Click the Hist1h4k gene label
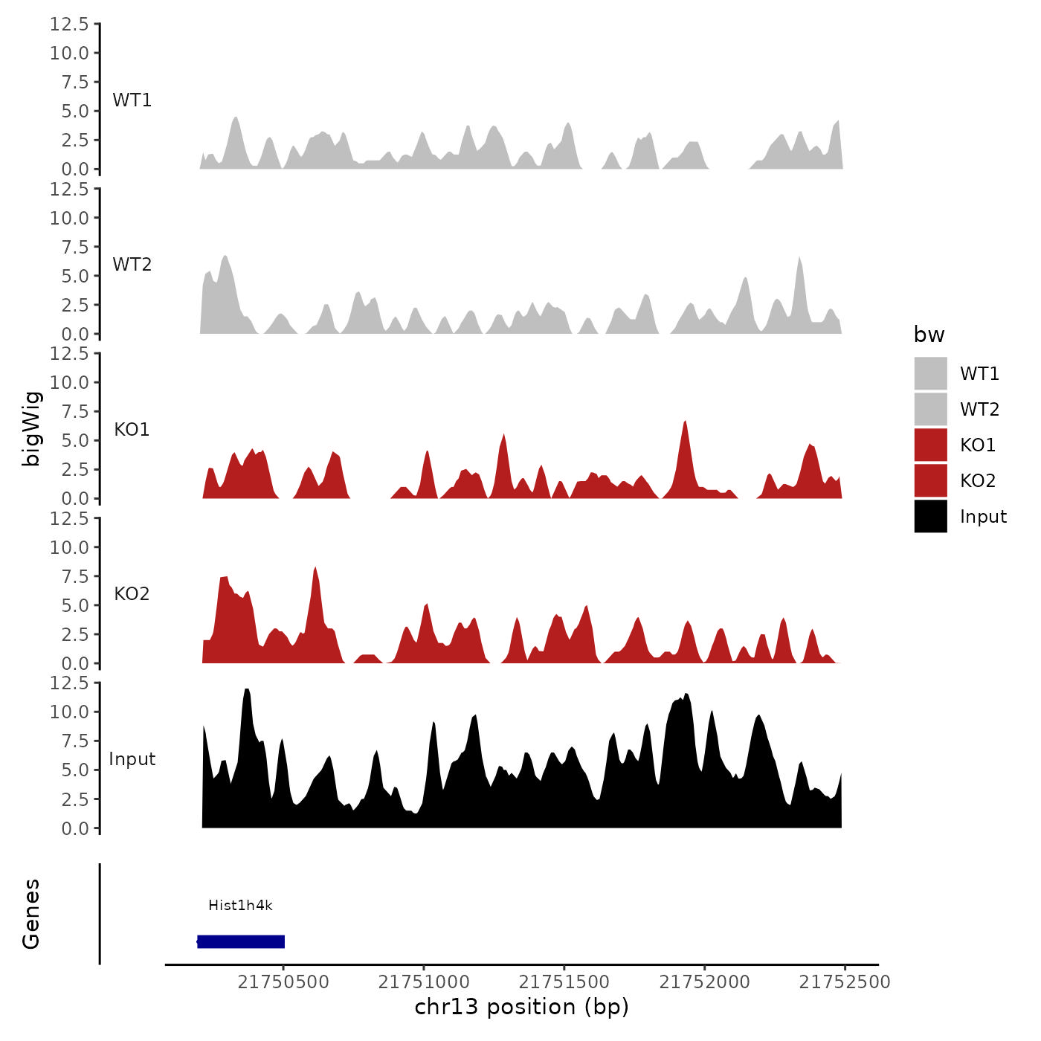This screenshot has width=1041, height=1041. click(240, 905)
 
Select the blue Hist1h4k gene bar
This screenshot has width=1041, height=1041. click(241, 941)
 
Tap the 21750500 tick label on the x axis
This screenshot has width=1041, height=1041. click(283, 982)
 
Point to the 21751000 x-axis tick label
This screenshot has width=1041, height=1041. click(424, 982)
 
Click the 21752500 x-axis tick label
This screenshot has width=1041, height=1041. click(845, 982)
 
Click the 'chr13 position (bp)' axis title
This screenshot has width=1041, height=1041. click(521, 1007)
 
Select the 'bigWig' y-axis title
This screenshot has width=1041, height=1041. click(31, 428)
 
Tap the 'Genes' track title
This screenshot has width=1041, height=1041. click(31, 914)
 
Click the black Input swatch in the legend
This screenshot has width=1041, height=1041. click(930, 516)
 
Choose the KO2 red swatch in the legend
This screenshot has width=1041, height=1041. click(930, 480)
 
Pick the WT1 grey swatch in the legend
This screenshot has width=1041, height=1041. click(930, 373)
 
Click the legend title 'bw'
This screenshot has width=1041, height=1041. click(929, 335)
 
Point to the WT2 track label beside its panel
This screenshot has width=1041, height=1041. click(132, 265)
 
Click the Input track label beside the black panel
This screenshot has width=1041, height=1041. click(132, 759)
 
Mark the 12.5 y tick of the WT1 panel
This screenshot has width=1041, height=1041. click(69, 25)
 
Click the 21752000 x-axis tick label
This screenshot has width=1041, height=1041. click(705, 982)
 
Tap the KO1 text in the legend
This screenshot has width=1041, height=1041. click(977, 445)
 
